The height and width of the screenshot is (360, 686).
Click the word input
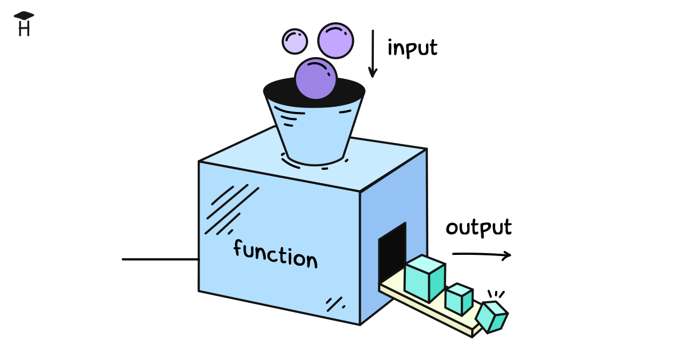click(412, 48)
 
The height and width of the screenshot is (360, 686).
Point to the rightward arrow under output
click(481, 255)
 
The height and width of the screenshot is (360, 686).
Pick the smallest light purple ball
click(295, 41)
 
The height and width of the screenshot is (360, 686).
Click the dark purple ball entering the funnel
click(315, 79)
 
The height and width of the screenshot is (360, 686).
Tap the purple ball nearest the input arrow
click(336, 40)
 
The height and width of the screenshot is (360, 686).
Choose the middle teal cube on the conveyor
click(458, 298)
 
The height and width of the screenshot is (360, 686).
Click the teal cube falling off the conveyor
click(492, 317)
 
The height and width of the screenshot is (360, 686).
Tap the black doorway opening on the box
click(392, 251)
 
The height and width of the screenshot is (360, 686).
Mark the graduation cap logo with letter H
click(24, 24)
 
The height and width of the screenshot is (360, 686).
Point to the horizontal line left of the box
click(160, 259)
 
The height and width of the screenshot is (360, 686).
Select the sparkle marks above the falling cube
click(496, 294)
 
